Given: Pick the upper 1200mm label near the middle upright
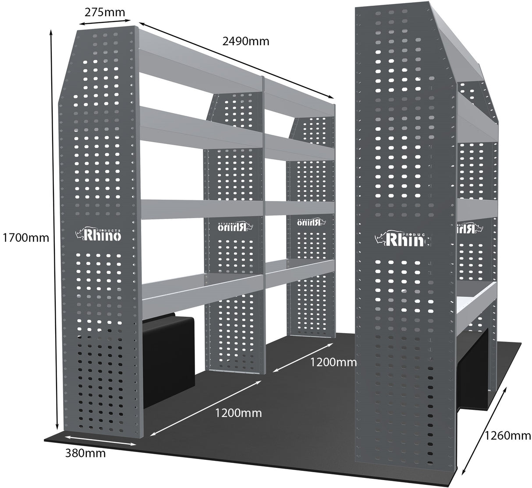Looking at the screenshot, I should pos(333,362).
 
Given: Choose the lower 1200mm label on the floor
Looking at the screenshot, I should pos(238,413).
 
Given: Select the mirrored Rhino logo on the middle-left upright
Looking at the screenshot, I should pos(232,226).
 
